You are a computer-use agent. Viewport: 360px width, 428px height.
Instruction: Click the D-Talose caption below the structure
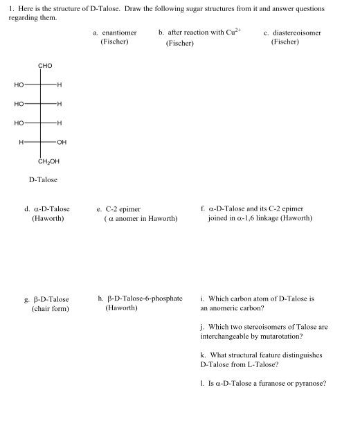pos(43,180)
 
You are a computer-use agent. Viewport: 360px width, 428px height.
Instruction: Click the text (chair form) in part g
pos(51,309)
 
